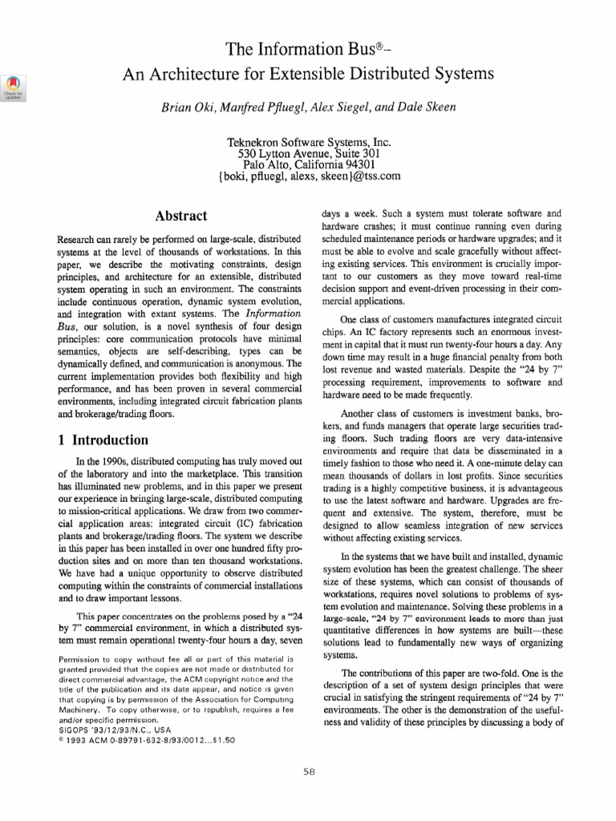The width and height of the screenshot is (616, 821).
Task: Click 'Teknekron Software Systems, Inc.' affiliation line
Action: (309, 141)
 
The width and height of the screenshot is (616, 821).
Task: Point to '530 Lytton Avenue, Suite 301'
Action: (309, 153)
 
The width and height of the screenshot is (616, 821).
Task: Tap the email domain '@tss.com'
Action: (373, 176)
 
